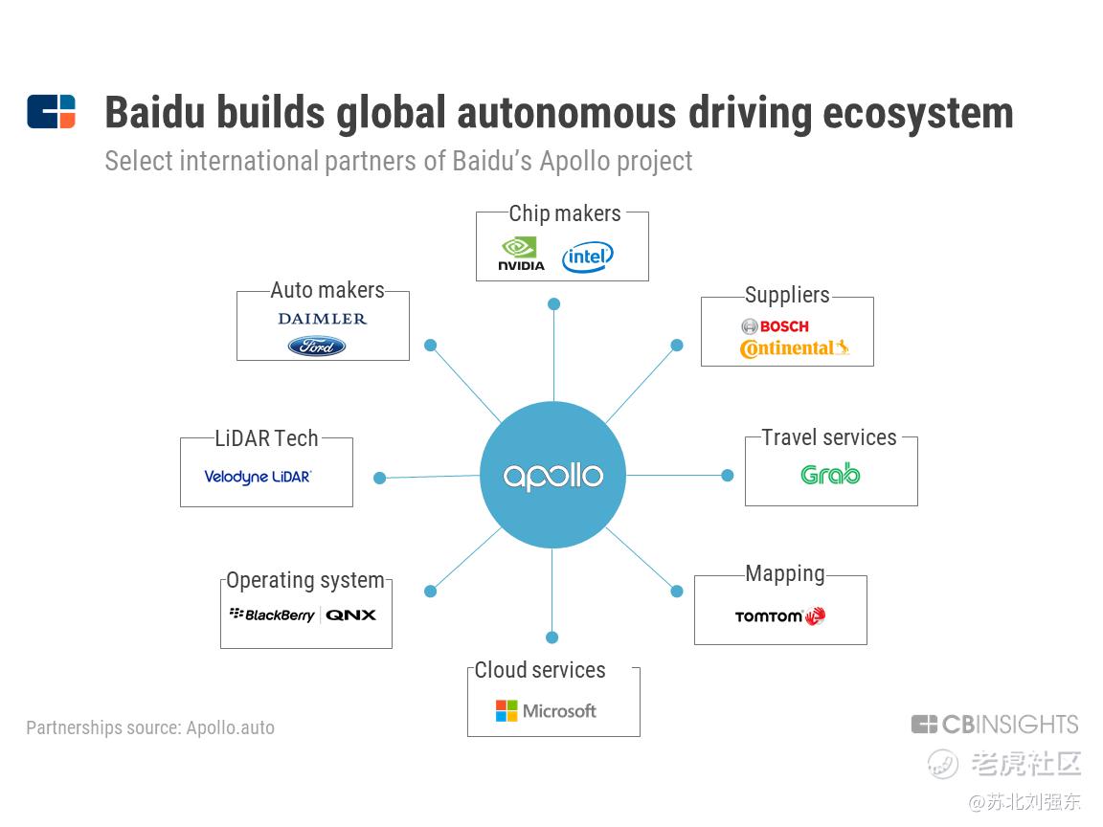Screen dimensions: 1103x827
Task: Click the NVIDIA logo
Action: pos(521,254)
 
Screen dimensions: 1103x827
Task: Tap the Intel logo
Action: pos(587,257)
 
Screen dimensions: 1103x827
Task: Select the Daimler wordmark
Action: pos(322,319)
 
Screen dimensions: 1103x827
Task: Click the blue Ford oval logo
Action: pos(317,346)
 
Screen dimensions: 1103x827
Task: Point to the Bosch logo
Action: pos(776,326)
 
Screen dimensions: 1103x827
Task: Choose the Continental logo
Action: pos(794,348)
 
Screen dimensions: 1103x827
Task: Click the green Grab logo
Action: pos(830,475)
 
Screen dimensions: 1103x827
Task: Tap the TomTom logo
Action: pos(780,616)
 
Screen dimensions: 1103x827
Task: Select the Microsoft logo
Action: pos(546,711)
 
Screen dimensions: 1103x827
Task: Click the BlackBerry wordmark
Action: pos(272,615)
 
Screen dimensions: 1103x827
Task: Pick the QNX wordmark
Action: pos(351,615)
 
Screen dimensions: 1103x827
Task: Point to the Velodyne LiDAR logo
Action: pos(258,477)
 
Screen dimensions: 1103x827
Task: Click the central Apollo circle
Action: pos(552,475)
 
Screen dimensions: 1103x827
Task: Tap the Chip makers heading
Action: pos(565,213)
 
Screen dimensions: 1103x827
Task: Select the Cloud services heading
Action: pos(540,669)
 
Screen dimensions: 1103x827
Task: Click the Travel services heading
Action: pos(829,437)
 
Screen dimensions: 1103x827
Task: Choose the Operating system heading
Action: pos(305,581)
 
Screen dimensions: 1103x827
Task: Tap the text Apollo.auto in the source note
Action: pos(230,727)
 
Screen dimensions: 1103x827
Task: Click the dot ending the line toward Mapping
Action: pos(677,592)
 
